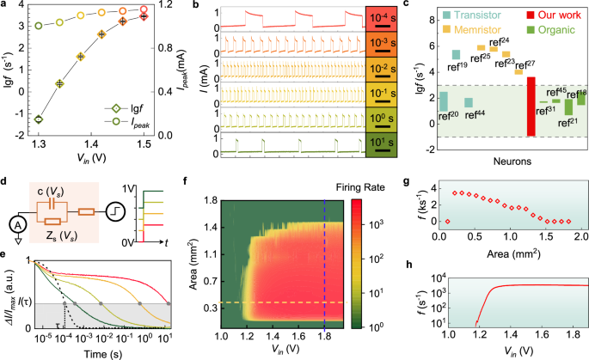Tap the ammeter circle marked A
(14, 221)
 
